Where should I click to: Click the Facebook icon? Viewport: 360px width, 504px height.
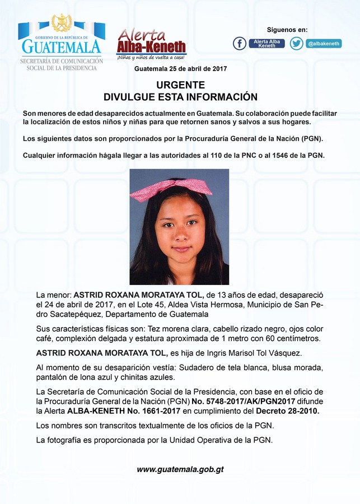(x=240, y=44)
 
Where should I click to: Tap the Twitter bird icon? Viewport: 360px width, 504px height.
(x=297, y=44)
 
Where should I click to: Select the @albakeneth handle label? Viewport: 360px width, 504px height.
(x=323, y=44)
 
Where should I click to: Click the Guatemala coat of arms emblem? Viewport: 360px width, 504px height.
(x=62, y=24)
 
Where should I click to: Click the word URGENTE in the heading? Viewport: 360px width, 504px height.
(x=180, y=85)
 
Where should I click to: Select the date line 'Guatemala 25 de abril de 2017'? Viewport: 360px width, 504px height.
(x=180, y=69)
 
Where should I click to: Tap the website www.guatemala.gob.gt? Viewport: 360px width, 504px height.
(x=180, y=469)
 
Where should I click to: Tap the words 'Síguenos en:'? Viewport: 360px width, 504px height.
(x=287, y=30)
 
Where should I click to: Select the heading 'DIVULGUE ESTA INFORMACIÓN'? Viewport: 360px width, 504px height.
(x=180, y=97)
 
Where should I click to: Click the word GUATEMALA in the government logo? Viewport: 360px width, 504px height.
(x=62, y=46)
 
